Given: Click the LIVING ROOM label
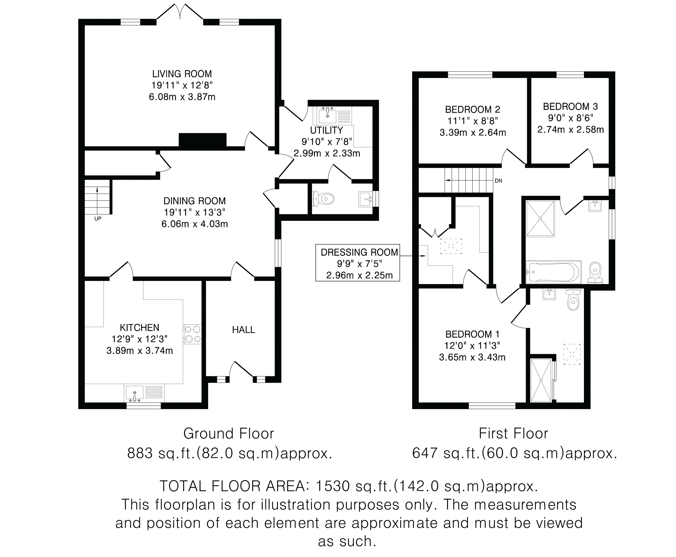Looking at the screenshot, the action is (x=182, y=74).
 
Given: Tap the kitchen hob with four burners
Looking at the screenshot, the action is (x=192, y=334).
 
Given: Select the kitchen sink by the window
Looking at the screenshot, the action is (x=144, y=393).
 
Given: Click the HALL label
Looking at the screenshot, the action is (x=243, y=330).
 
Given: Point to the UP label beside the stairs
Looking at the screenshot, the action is (x=98, y=219).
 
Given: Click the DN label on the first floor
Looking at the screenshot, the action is (x=498, y=181).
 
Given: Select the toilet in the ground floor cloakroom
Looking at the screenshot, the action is (x=323, y=199).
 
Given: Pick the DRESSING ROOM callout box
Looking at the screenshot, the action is (x=358, y=263).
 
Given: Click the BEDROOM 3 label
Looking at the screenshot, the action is (x=570, y=107).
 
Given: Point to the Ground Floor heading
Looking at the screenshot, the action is (x=229, y=433).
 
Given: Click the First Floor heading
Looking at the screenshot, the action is (x=513, y=433).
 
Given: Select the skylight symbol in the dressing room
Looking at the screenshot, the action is (x=451, y=246).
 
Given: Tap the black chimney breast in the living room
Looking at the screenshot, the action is (x=203, y=140).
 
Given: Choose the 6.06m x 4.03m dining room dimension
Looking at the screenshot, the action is (x=195, y=224).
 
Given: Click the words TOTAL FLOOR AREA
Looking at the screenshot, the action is (x=232, y=486).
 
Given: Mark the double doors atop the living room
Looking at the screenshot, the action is (x=180, y=12).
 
